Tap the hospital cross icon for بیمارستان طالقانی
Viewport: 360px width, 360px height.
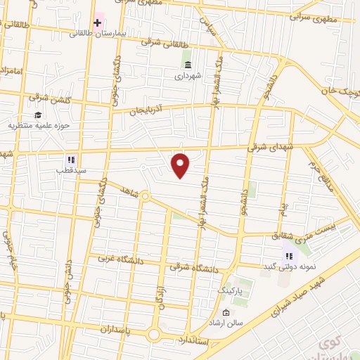pos(97,22)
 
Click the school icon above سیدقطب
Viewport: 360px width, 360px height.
pos(70,160)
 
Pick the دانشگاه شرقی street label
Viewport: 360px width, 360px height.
pos(194,267)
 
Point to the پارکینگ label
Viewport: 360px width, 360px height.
pos(230,289)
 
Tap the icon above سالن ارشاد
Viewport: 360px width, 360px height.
pos(225,312)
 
